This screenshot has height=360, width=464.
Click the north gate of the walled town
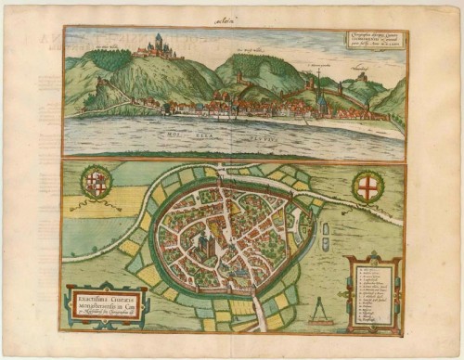pyautogui.click(x=212, y=174)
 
